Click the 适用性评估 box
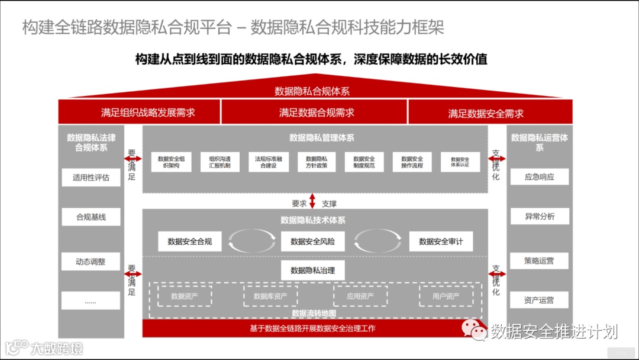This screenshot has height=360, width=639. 91,178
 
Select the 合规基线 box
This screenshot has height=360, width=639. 91,217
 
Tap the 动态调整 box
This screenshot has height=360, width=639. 91,261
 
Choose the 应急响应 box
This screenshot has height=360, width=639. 539,176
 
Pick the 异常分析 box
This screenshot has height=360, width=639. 539,217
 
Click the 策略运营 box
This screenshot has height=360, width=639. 539,261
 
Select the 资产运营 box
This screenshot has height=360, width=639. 539,300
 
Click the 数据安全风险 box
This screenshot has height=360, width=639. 312,241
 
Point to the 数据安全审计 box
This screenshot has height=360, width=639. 441,241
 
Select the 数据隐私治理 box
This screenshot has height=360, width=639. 312,270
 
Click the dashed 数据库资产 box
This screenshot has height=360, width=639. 270,295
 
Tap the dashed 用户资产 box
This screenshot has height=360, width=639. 446,295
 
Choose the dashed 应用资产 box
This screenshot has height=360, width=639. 360,295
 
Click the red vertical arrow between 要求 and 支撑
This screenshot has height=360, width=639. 312,201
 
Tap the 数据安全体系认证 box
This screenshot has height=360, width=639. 460,162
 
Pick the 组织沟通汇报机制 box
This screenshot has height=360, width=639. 220,162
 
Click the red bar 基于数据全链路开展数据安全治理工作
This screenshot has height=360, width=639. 312,328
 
